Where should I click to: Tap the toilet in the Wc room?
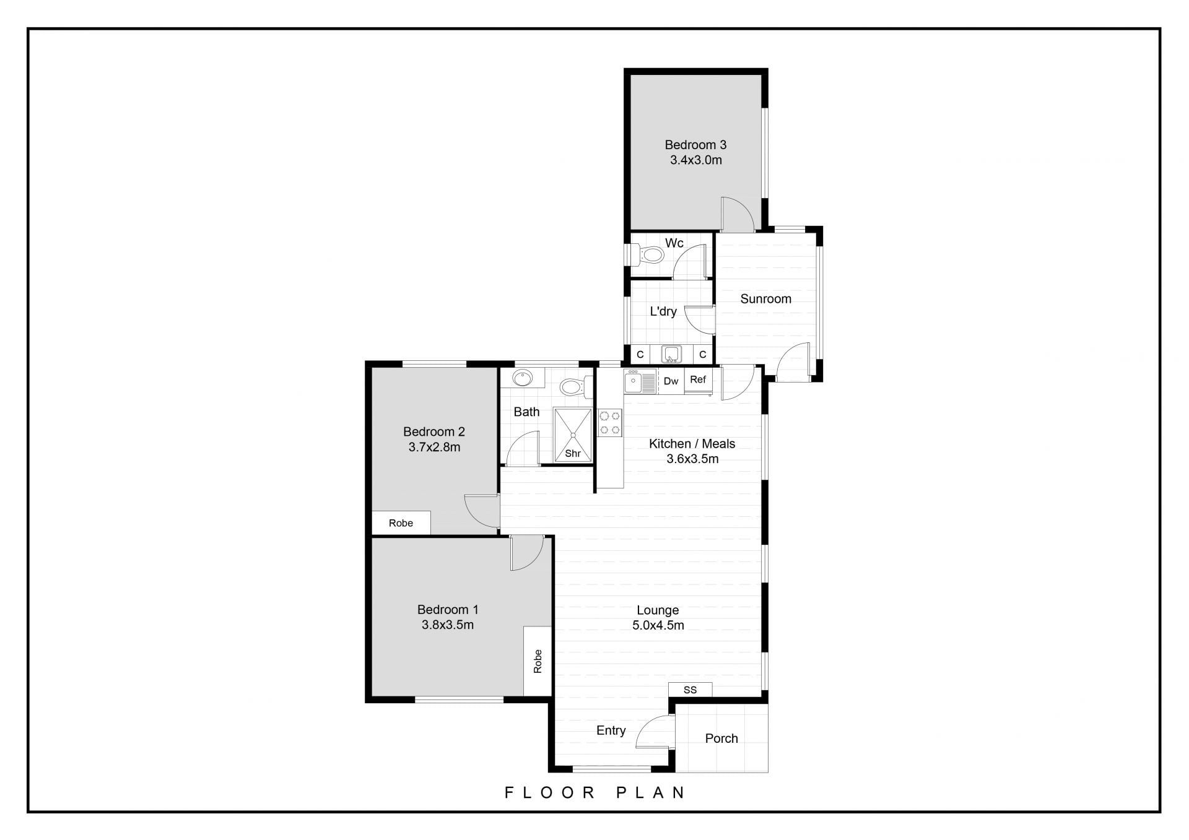tap(647, 254)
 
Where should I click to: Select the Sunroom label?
tap(765, 299)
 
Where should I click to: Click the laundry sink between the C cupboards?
tap(672, 354)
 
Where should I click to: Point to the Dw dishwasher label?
tap(671, 381)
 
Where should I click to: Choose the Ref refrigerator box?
tap(698, 381)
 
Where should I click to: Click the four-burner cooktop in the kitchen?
tap(609, 423)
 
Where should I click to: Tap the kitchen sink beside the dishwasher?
tap(640, 381)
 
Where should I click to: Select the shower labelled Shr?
tap(573, 435)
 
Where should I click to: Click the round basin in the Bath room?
tap(523, 378)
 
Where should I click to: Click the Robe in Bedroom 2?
tap(401, 523)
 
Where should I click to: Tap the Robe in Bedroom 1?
tap(538, 661)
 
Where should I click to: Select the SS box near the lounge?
tap(690, 690)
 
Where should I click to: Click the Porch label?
tap(721, 738)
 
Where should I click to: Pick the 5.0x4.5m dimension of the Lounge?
tap(658, 625)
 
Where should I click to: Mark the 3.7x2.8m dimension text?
tap(434, 447)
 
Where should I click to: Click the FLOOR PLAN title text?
tap(594, 792)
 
